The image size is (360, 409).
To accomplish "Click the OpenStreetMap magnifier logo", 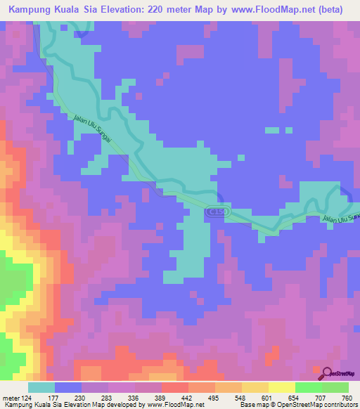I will point(326,373).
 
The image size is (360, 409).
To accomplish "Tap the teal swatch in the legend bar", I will point(41,387).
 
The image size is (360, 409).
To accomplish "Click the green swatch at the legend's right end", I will point(335,387).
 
